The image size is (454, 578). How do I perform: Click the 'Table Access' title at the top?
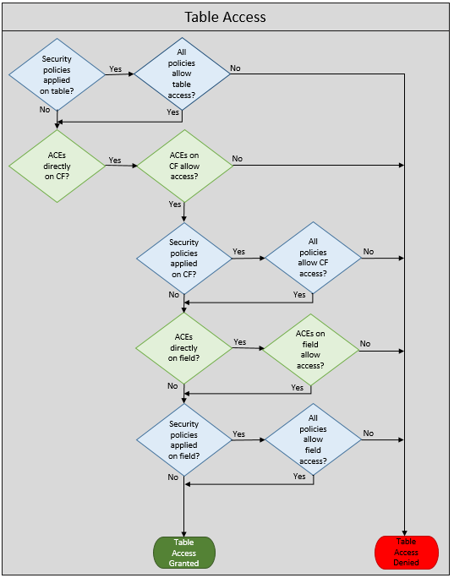(225, 17)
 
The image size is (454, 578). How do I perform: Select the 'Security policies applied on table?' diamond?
(57, 74)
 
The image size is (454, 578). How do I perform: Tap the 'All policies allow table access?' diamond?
(182, 74)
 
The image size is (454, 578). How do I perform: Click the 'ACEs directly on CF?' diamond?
(57, 166)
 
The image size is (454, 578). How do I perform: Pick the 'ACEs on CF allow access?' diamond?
(184, 166)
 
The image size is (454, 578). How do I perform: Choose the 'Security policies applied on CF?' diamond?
(184, 259)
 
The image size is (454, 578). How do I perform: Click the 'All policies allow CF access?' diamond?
(313, 258)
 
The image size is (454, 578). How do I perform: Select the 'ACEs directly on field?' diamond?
(183, 348)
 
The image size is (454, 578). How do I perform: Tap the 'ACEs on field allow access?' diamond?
(310, 350)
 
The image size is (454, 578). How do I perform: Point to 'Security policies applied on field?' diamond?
(184, 439)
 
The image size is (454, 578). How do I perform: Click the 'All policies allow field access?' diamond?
(313, 439)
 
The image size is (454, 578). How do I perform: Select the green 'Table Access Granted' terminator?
(184, 553)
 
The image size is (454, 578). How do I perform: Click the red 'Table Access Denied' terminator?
(407, 552)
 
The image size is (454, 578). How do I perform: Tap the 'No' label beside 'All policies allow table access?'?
(235, 68)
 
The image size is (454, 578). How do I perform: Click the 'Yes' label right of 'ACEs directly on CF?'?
(115, 160)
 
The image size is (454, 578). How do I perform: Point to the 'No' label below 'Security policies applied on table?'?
(45, 110)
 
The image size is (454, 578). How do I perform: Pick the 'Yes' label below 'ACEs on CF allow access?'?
(175, 204)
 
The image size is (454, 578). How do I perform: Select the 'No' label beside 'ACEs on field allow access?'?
(365, 344)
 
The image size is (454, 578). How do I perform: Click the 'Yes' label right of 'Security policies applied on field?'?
(238, 434)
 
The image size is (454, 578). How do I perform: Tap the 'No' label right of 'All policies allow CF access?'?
(369, 252)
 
